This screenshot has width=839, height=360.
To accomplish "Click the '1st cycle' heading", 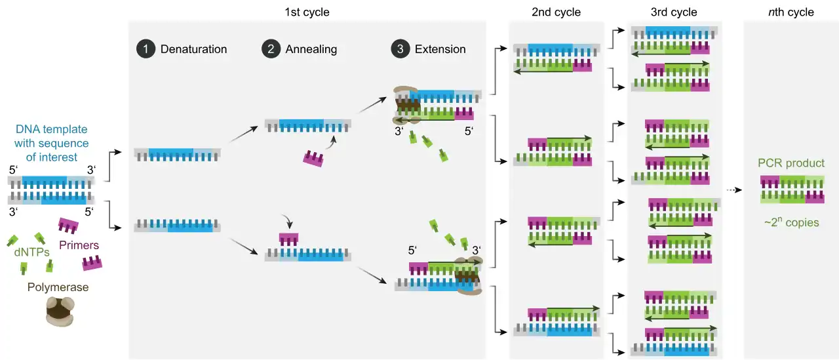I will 307,12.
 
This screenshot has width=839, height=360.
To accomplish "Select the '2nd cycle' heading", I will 556,12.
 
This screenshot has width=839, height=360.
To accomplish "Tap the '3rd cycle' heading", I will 674,12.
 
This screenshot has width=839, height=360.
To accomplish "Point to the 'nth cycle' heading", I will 791,12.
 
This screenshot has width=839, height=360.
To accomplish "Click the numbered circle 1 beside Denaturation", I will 144,49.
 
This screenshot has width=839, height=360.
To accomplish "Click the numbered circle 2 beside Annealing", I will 269,49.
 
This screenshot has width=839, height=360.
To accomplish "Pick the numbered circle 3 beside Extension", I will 399,49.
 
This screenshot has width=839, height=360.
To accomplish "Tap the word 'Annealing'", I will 311,49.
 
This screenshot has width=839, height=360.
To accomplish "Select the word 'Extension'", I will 440,49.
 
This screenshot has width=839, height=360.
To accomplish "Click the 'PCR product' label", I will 792,163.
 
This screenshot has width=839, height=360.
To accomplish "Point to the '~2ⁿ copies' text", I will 791,222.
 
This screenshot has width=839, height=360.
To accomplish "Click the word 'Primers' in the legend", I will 79,245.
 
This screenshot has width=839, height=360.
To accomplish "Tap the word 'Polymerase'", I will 58,287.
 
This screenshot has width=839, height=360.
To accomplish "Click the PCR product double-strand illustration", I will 792,190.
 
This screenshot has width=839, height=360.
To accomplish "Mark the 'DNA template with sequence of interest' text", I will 51,144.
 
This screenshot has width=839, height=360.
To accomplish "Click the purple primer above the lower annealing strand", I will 288,239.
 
